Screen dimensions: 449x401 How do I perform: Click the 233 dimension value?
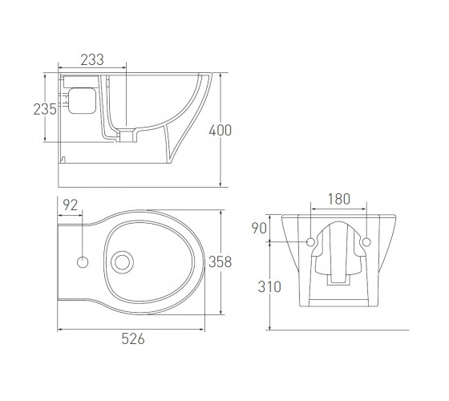[92, 60]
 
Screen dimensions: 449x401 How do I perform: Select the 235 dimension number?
[45, 109]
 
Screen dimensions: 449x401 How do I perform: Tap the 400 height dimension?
[220, 131]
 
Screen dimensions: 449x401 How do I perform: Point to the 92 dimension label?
[71, 205]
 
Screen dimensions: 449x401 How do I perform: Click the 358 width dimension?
[220, 261]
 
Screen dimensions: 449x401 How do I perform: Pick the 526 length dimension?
[133, 338]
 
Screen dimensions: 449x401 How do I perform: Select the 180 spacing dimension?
[338, 199]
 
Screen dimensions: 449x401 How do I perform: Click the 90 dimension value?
[259, 229]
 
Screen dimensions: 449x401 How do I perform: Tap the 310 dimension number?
[269, 287]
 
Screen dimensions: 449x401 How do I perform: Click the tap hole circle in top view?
[83, 262]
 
